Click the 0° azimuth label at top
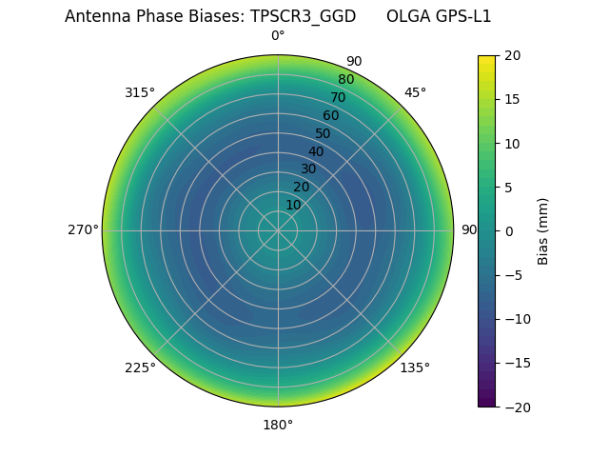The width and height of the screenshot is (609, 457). tap(278, 36)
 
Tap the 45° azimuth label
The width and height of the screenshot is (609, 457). tap(415, 92)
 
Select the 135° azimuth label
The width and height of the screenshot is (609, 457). tap(415, 368)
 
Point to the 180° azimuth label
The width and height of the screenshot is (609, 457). tap(278, 425)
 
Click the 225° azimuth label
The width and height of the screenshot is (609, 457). tap(140, 368)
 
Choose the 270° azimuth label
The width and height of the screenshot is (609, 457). tap(83, 229)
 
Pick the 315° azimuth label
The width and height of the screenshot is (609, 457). tap(140, 92)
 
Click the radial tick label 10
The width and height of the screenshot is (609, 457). tap(293, 205)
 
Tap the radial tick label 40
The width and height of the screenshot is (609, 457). tap(316, 151)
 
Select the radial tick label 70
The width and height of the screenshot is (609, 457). tap(338, 97)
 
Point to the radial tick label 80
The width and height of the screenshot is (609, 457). tap(345, 79)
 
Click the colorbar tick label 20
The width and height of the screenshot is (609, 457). tap(512, 55)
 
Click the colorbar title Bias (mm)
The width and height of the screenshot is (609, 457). tap(543, 230)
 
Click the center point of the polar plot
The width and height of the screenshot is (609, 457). tap(278, 230)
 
